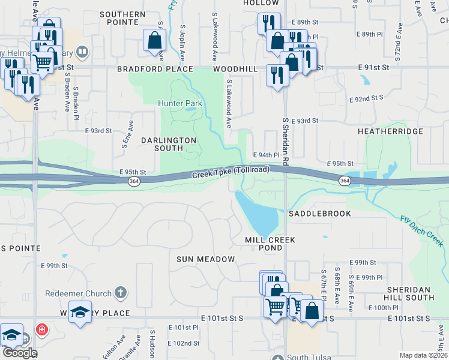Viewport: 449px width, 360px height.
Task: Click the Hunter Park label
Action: (180, 103)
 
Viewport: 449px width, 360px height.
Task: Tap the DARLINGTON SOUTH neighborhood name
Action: (169, 144)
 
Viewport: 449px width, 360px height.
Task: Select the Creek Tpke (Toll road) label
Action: (231, 172)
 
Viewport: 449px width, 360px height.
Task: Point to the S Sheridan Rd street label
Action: (286, 141)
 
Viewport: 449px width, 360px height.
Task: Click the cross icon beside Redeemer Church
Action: (121, 293)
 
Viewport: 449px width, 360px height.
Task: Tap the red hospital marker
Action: (41, 329)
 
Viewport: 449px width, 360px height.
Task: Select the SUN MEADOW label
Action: (205, 259)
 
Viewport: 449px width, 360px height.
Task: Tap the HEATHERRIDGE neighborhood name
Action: (390, 131)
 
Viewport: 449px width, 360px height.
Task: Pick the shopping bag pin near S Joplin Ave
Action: (154, 41)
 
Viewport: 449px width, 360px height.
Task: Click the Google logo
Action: (20, 353)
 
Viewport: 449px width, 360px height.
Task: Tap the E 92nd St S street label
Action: (367, 97)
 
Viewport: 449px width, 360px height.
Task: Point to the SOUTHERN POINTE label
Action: (122, 18)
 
